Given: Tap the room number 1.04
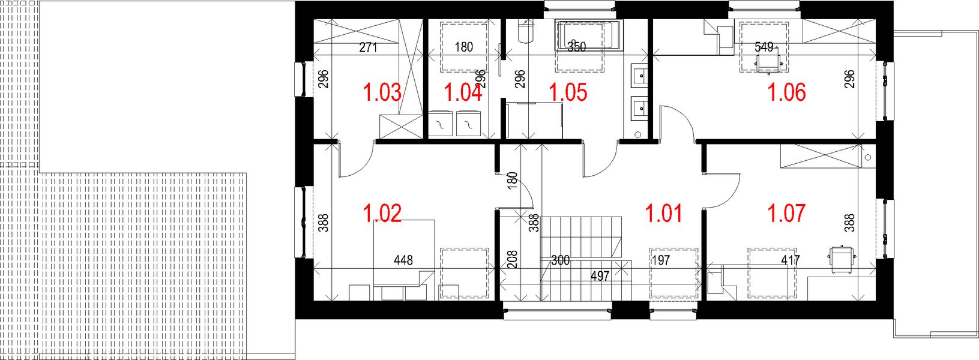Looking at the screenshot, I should coord(462,93).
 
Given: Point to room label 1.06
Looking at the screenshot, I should coord(787,93).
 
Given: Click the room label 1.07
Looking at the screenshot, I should coord(787,213).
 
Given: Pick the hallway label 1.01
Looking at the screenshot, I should coord(663,213).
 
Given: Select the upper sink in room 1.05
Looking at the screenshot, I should coord(639,76).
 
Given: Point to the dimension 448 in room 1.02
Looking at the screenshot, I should coord(403,260).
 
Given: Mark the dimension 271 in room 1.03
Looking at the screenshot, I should coord(368,47).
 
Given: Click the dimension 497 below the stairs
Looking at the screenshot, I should coord(600,276).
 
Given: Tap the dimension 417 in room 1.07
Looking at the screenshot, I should coord(791,260).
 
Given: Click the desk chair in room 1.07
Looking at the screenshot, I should coord(840,258).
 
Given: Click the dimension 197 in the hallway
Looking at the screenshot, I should coord(660,260).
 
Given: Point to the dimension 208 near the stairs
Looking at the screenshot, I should coord(511,259).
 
